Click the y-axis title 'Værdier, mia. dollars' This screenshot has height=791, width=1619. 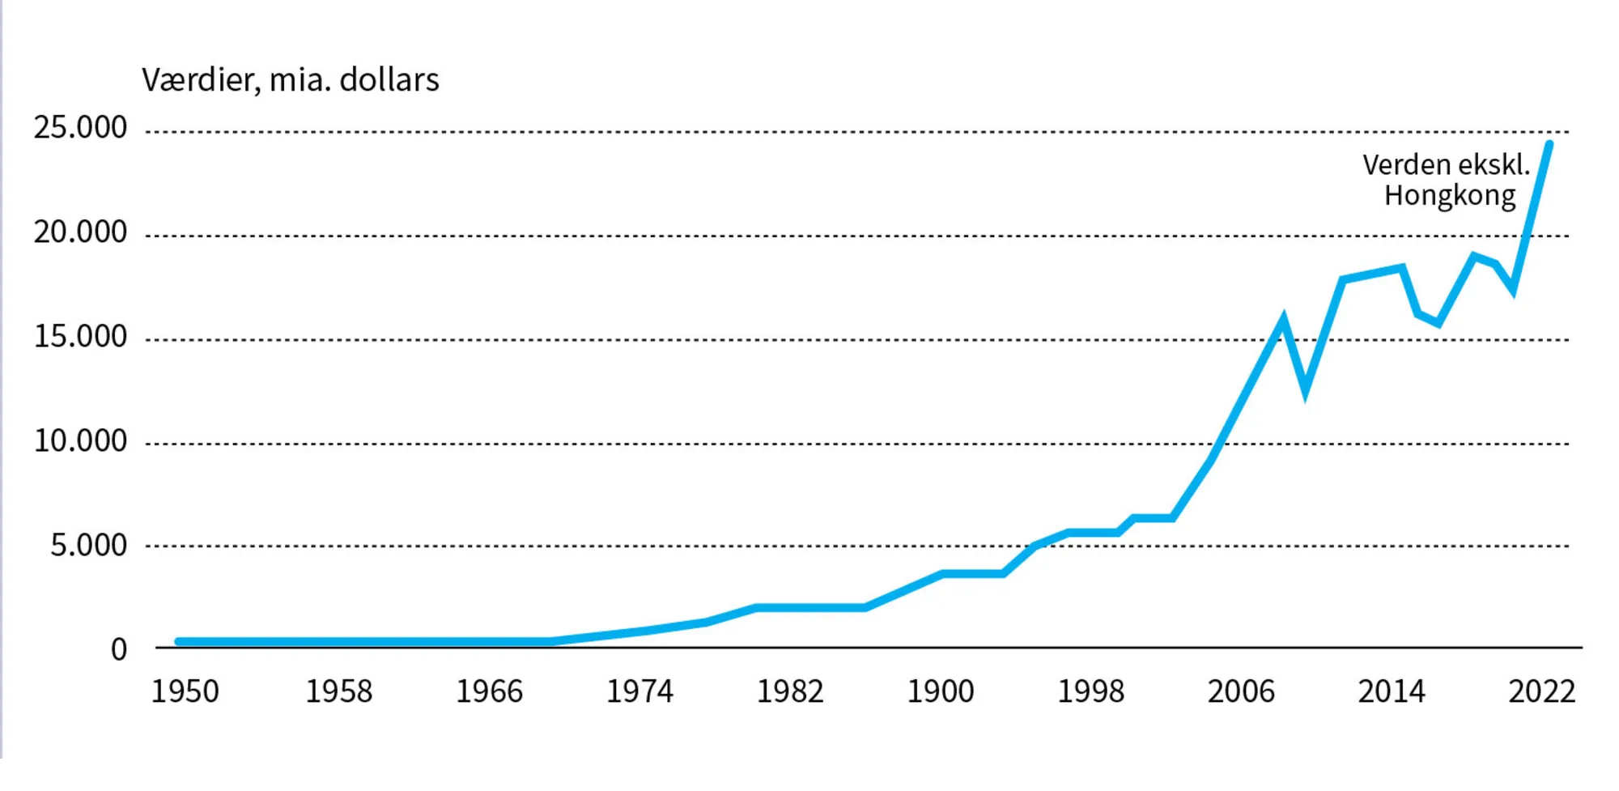[x=290, y=80]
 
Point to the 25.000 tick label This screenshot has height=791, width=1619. [x=80, y=128]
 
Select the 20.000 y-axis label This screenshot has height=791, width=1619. [x=80, y=232]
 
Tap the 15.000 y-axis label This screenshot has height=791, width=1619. [x=80, y=337]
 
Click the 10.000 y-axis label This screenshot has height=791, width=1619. [x=80, y=441]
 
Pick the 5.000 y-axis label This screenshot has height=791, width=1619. [x=88, y=546]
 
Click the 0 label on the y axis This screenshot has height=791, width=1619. [x=119, y=649]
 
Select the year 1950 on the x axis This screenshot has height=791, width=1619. [x=185, y=691]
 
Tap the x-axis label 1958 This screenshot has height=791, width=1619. [x=338, y=691]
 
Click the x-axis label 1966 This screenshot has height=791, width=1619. [x=489, y=691]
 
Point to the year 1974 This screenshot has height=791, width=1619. [x=640, y=691]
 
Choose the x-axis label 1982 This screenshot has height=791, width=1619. [x=790, y=691]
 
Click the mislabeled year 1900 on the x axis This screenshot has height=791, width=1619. [x=941, y=691]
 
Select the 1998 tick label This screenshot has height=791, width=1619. [x=1091, y=691]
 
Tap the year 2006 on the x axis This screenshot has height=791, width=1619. [x=1241, y=691]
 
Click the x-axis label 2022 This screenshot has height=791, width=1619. [x=1541, y=691]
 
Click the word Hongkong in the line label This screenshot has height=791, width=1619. [x=1449, y=196]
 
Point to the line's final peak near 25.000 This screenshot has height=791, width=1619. [x=1549, y=145]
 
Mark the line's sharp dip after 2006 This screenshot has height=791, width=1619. [x=1306, y=392]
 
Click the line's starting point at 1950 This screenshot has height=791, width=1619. [x=179, y=641]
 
